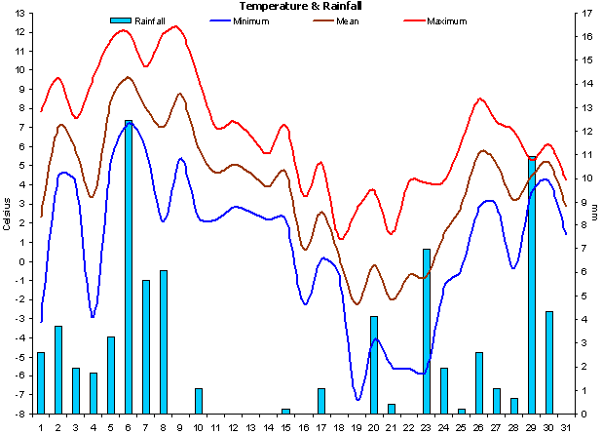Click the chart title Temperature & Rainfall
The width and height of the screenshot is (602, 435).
294,6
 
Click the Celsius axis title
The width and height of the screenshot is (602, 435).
7,213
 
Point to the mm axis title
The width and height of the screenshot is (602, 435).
594,213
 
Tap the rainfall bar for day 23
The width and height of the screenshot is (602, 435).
427,331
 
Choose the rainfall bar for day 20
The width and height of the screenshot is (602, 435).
374,364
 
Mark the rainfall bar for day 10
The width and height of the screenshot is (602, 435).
199,401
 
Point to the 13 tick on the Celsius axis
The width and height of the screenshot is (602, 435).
19,13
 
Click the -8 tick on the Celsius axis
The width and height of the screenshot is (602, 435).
19,415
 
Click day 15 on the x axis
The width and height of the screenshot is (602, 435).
286,426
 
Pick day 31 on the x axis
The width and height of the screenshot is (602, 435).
566,426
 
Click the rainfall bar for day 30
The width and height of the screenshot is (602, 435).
549,362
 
